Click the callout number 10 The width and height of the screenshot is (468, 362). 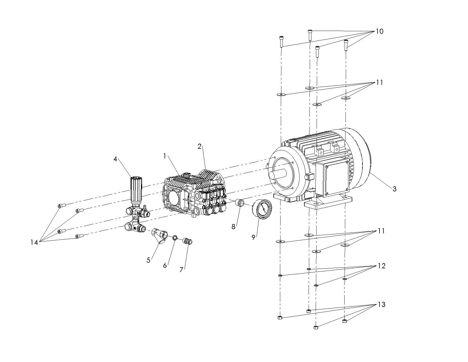380,31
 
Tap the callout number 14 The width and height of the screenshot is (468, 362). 34,242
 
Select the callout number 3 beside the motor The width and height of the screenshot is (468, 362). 394,189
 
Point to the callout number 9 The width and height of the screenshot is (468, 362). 254,237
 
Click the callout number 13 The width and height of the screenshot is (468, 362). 381,304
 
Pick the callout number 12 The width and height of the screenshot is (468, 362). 381,266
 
